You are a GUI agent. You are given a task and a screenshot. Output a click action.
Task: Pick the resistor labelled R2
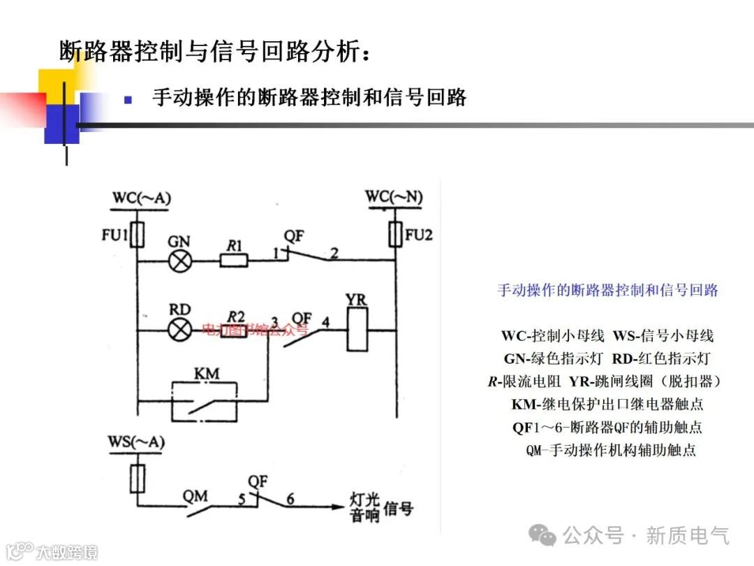234,330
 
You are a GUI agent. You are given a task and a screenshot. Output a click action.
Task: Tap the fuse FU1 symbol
138,235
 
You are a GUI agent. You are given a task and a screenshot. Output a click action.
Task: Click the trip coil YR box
356,329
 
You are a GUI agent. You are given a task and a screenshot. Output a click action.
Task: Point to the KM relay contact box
205,402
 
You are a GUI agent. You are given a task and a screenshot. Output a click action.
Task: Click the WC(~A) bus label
140,199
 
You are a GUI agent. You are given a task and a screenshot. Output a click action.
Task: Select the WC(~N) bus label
394,198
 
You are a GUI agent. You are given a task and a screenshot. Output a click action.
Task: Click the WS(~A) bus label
136,442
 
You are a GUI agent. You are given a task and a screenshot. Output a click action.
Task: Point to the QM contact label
196,496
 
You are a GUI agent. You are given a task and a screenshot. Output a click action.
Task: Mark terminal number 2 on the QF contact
334,253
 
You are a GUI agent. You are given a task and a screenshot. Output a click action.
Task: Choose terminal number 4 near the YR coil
325,322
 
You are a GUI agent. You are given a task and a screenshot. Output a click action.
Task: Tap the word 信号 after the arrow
398,508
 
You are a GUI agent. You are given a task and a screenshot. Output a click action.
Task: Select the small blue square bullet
128,99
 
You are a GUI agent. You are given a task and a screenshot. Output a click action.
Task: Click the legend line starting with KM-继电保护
607,404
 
